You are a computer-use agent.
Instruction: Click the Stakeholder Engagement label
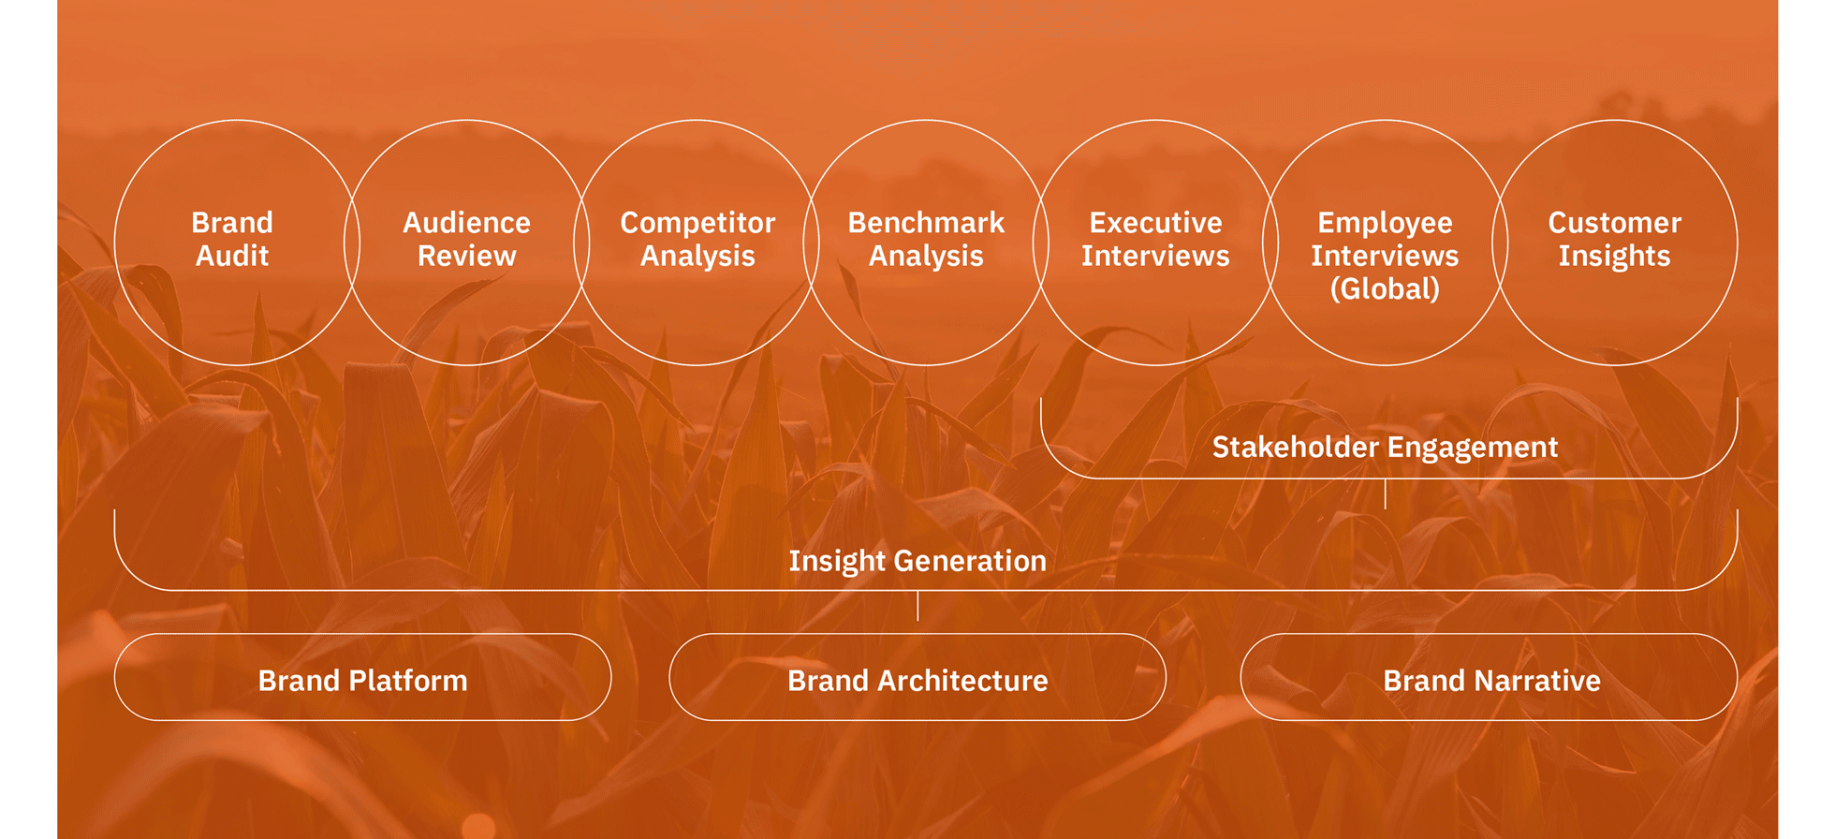pos(1385,448)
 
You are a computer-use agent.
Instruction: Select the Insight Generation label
pos(917,561)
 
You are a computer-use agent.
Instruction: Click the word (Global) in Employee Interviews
pos(1385,288)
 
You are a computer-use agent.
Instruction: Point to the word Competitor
pos(697,223)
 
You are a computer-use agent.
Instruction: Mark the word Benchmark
pos(926,223)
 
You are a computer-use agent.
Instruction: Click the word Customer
pos(1615,223)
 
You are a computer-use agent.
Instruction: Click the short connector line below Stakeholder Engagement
pos(1385,493)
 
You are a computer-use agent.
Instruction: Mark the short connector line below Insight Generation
pos(917,606)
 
